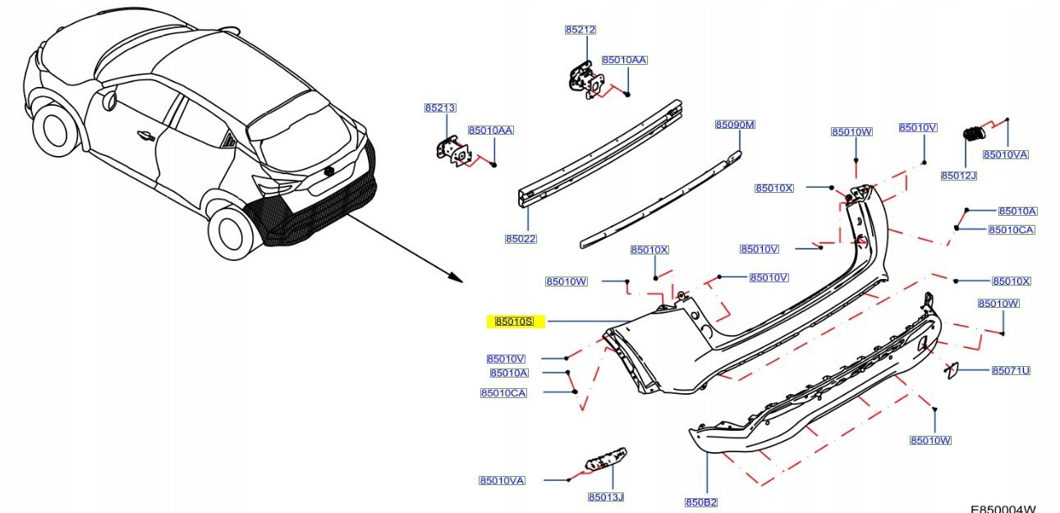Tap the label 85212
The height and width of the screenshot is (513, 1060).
(580, 30)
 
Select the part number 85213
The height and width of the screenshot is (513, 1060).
(440, 108)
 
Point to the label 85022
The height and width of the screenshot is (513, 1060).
(521, 239)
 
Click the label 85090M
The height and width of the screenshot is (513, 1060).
(734, 125)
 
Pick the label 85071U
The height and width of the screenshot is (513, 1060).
(1010, 370)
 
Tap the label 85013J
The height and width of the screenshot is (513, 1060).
(605, 497)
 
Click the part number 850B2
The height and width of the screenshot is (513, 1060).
(701, 502)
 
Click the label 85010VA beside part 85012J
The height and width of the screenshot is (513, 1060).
(1005, 154)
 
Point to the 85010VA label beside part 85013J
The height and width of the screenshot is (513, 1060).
(502, 480)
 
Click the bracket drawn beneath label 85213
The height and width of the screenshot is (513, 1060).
(451, 153)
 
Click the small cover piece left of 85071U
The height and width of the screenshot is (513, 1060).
(955, 371)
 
